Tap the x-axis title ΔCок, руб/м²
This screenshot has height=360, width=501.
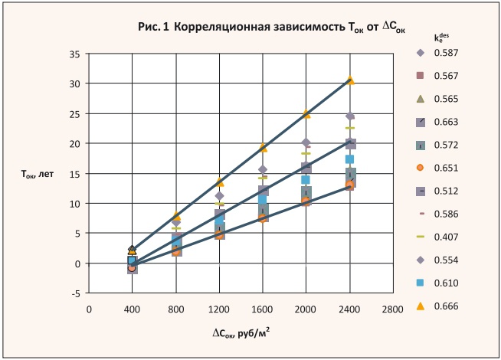click(x=241, y=332)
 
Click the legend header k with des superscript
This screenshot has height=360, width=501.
click(x=440, y=35)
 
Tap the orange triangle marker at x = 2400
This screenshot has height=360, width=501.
click(x=350, y=80)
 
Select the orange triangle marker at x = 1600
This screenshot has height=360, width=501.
click(x=263, y=148)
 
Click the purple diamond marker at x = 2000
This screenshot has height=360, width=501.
click(x=306, y=143)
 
